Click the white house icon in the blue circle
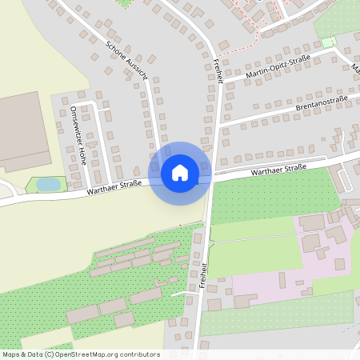coord(180,173)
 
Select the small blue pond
coord(48,184)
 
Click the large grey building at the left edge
coord(22,130)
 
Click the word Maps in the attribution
coord(11,354)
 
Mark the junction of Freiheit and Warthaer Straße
coord(210,178)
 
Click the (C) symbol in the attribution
coord(50,354)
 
